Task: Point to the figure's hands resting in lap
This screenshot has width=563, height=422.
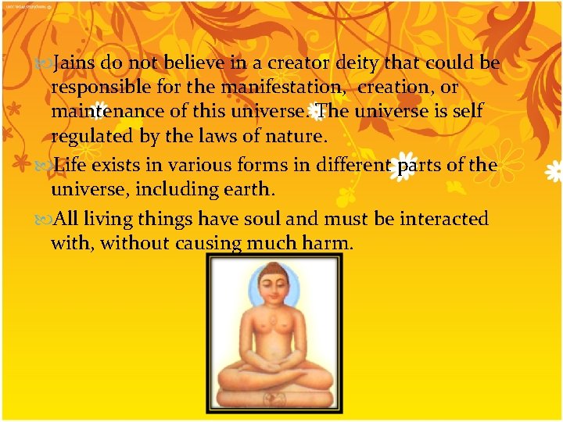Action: click(x=273, y=367)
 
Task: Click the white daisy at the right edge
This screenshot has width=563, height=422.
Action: click(x=554, y=172)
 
